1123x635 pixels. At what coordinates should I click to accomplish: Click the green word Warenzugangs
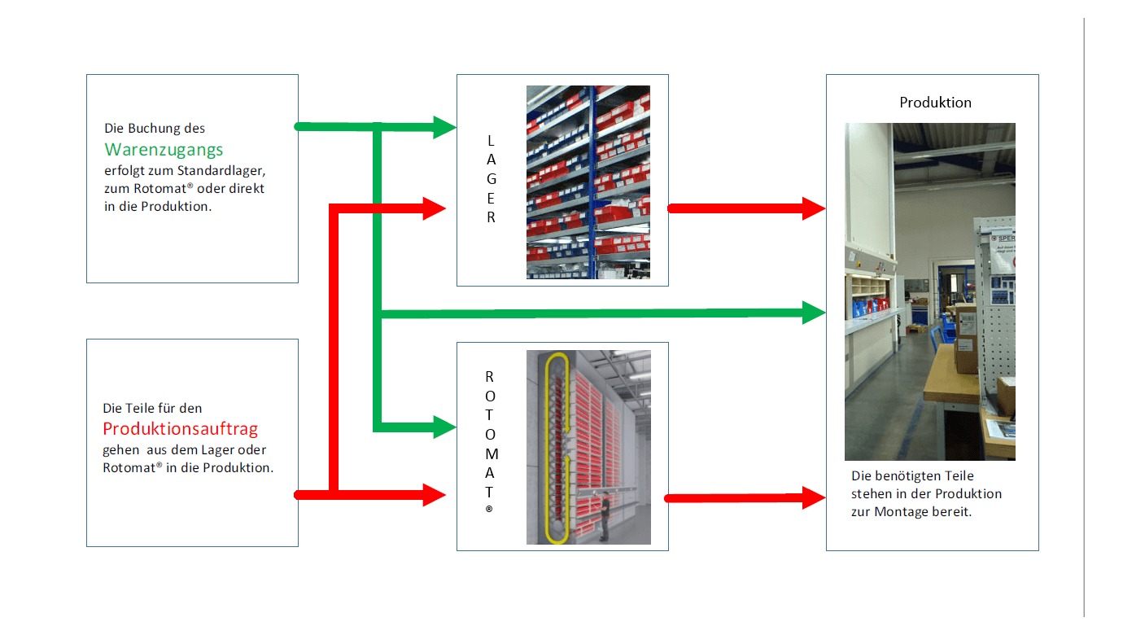click(x=164, y=150)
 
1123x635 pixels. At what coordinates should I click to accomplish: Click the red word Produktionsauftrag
click(x=181, y=429)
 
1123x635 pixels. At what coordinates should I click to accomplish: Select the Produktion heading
click(x=935, y=103)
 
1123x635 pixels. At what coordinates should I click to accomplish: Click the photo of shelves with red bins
click(x=588, y=182)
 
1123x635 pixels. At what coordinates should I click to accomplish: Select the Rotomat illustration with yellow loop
click(x=588, y=447)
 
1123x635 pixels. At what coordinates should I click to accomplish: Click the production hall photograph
click(x=929, y=291)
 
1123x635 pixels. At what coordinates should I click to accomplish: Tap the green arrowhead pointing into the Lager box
click(x=444, y=127)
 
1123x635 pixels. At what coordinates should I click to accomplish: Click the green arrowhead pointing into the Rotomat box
click(x=444, y=427)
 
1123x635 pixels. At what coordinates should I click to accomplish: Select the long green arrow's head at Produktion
click(x=814, y=313)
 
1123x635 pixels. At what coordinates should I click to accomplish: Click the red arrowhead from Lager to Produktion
click(x=814, y=208)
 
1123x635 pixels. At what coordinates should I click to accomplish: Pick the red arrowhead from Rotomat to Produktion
click(x=814, y=497)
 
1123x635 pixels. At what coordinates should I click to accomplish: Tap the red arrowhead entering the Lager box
click(x=435, y=208)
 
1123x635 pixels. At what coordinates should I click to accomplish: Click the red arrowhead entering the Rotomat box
click(x=435, y=494)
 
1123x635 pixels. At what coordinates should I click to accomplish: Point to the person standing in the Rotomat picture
click(x=605, y=518)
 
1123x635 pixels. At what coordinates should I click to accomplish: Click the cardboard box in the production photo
click(x=967, y=337)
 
